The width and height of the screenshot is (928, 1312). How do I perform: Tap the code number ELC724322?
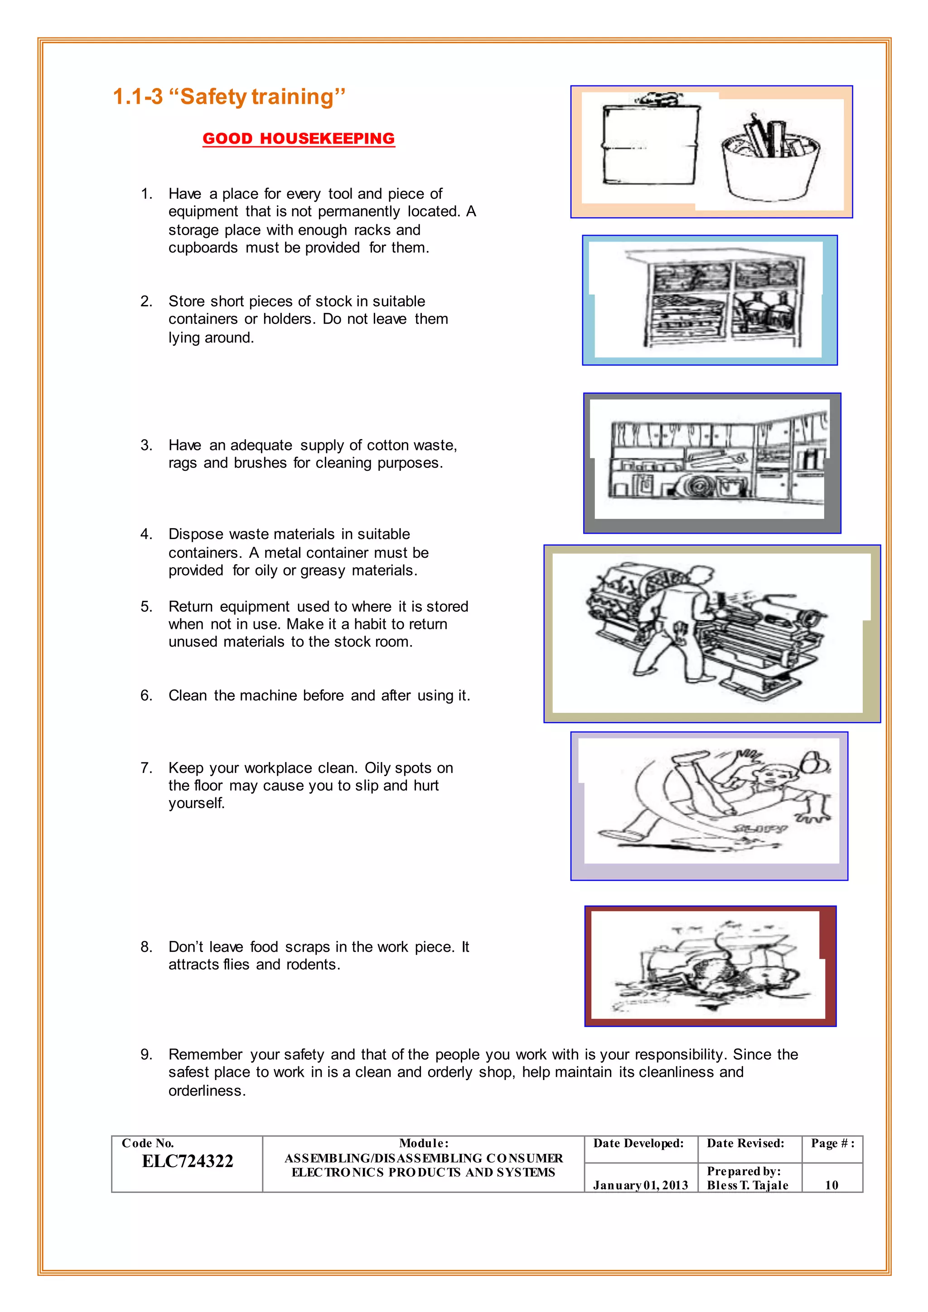point(188,1161)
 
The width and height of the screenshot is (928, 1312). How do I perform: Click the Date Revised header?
point(745,1143)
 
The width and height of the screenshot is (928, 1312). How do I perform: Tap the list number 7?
point(146,767)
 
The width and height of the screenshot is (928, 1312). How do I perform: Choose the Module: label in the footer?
point(423,1143)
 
